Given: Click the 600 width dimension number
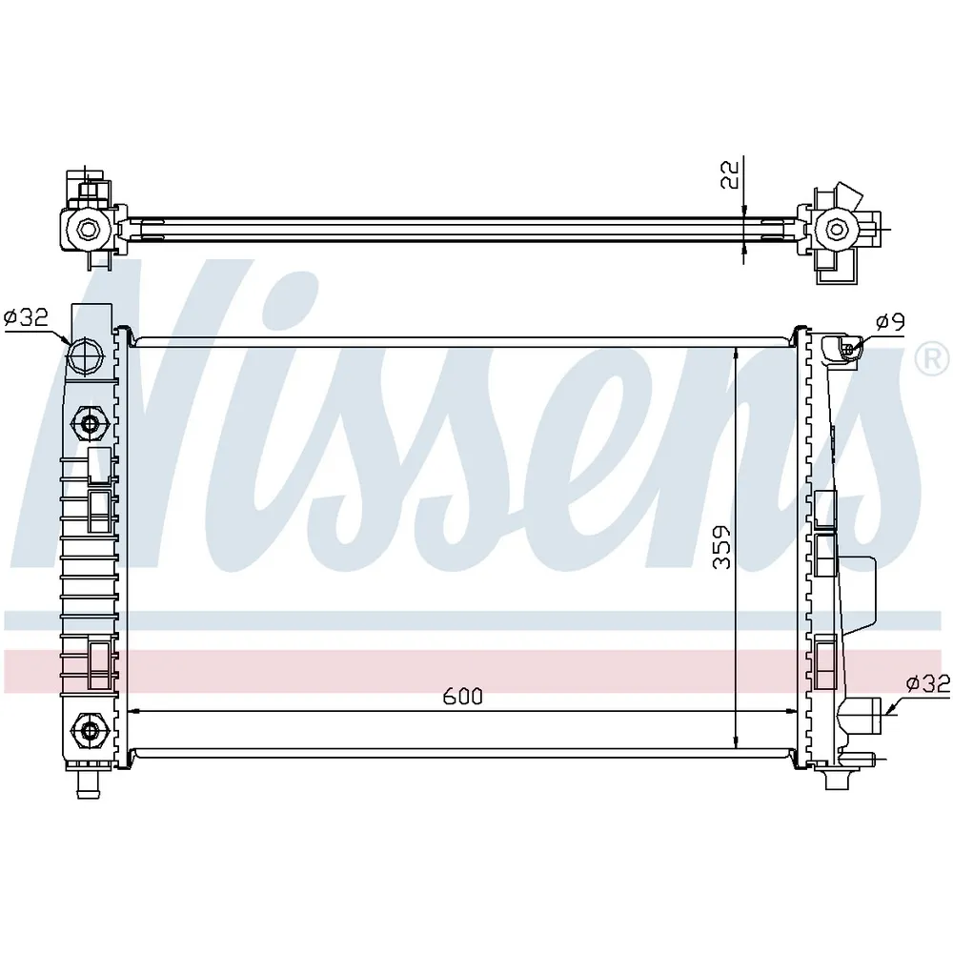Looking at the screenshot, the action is coord(462,696).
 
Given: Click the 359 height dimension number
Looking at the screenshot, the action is coord(721,546).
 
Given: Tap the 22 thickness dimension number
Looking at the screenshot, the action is coord(729,173).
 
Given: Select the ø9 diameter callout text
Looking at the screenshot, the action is coord(890,321).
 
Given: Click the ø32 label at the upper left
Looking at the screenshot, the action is coord(26,317).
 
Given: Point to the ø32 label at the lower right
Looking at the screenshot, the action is coord(927,684).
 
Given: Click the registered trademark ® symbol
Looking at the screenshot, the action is coord(932,360).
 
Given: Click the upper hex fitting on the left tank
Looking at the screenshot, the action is coord(90,423).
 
